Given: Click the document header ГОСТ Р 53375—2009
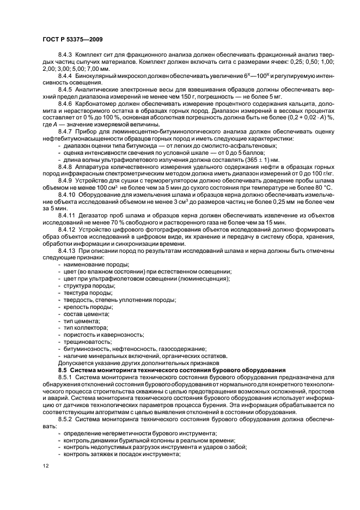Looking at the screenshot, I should pyautogui.click(x=72, y=39).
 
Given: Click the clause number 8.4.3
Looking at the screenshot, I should pyautogui.click(x=66, y=56).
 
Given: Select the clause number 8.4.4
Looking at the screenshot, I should pyautogui.click(x=66, y=75).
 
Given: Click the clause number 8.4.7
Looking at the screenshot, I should pyautogui.click(x=66, y=132).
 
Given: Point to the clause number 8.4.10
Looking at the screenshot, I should pyautogui.click(x=67, y=195).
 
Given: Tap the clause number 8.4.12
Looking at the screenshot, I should pyautogui.click(x=67, y=229).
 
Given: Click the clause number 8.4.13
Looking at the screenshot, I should pyautogui.click(x=67, y=251).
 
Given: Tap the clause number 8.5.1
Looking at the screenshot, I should pyautogui.click(x=66, y=377).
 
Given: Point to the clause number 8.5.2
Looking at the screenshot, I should pyautogui.click(x=66, y=418).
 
